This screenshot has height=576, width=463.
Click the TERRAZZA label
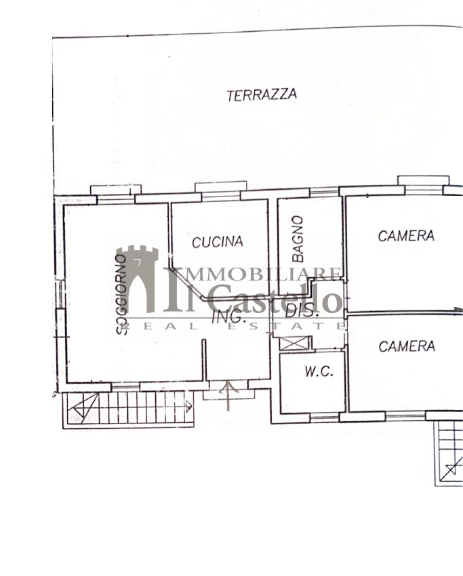click(262, 95)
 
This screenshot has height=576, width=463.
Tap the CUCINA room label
click(218, 242)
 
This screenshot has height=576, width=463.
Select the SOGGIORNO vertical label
click(121, 294)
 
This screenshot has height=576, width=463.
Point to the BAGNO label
click(298, 239)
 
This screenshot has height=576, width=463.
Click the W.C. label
click(319, 371)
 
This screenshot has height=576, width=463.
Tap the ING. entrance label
click(229, 316)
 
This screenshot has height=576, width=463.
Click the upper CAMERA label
click(406, 236)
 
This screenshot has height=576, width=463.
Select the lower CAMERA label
click(407, 346)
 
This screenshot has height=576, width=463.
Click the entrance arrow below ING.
click(228, 396)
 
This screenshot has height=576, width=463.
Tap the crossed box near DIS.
click(294, 343)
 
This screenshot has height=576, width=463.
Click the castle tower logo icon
click(137, 279)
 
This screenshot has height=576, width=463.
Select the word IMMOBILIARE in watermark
click(253, 274)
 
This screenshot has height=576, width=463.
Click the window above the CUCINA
click(221, 191)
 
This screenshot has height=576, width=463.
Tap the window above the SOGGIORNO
click(116, 194)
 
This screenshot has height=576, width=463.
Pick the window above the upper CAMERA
click(424, 185)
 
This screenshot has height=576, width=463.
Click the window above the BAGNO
click(324, 192)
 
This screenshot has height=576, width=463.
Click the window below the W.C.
click(325, 417)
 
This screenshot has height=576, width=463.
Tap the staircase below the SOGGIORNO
click(128, 409)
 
